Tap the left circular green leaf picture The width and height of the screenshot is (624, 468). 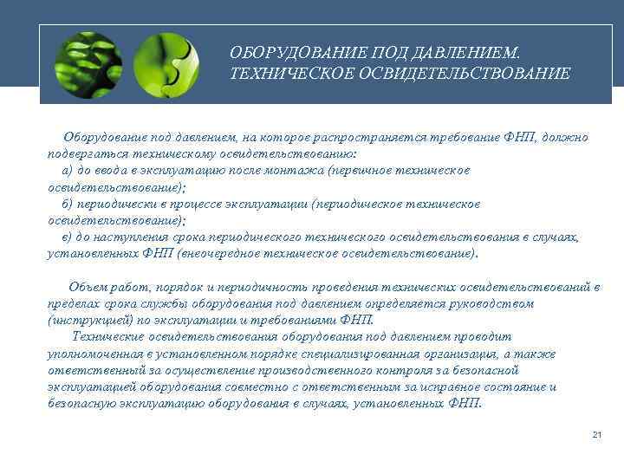88,64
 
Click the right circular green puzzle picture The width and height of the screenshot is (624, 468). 167,64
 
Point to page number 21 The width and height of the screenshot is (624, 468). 596,434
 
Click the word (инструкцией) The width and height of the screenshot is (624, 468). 89,320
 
